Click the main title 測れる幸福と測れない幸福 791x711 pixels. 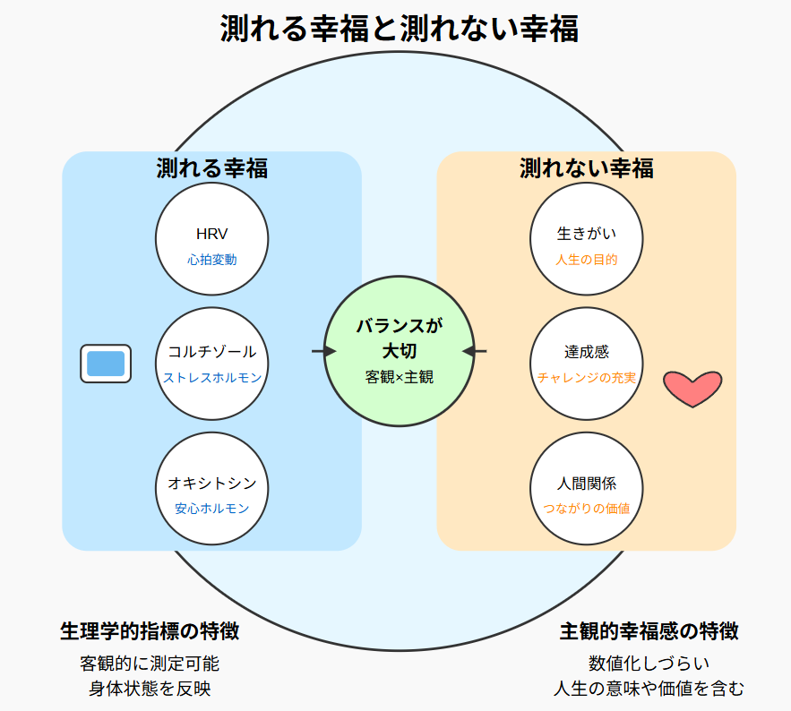click(399, 29)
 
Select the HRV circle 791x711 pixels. click(212, 239)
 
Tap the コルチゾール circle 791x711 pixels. click(212, 363)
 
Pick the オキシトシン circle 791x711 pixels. click(212, 488)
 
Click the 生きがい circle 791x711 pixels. click(587, 239)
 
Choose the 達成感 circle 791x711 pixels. click(587, 363)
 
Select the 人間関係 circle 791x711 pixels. click(587, 488)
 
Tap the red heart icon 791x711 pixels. click(692, 387)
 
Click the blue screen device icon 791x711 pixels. click(106, 364)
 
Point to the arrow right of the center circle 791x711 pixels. click(475, 351)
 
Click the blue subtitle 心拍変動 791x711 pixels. click(212, 260)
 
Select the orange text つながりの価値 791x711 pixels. click(587, 509)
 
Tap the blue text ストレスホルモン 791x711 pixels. click(212, 378)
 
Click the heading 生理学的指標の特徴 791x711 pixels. click(150, 630)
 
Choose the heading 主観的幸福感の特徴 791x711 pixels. click(649, 630)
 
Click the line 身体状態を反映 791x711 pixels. click(150, 688)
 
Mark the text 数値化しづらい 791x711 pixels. click(649, 664)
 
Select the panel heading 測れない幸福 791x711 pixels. click(587, 168)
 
